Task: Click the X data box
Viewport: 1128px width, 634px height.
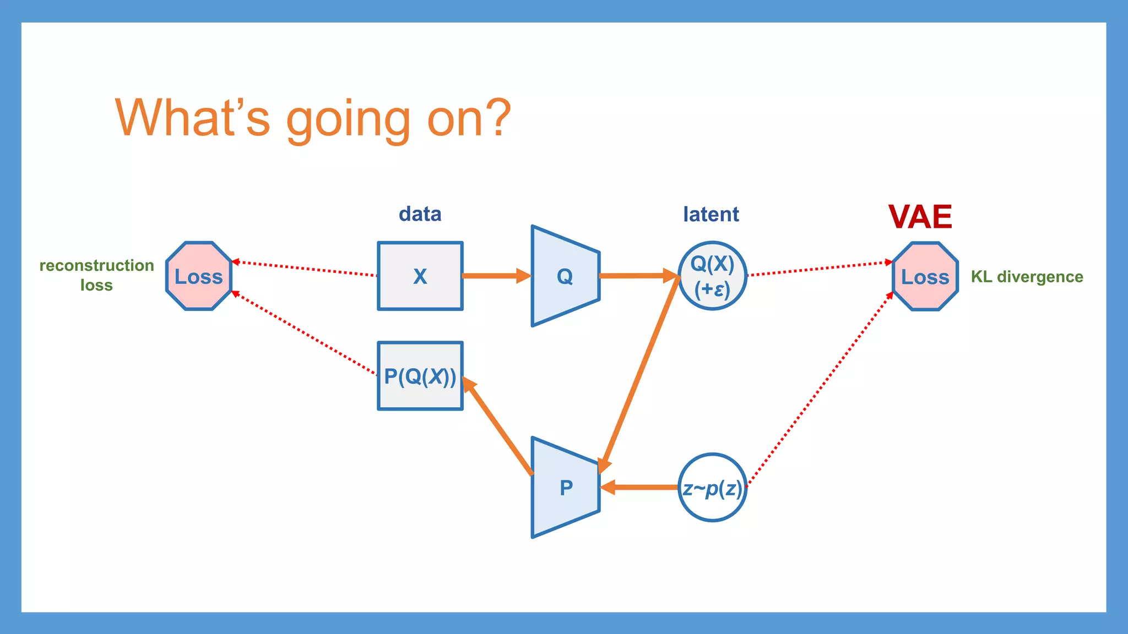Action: pyautogui.click(x=420, y=276)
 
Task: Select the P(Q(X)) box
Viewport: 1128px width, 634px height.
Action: pyautogui.click(x=420, y=376)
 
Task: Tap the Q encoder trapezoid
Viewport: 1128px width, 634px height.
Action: pyautogui.click(x=565, y=276)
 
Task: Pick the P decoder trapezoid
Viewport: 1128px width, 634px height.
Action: pyautogui.click(x=565, y=488)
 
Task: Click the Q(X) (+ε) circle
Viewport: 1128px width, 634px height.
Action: pyautogui.click(x=712, y=276)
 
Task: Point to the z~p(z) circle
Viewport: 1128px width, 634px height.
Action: pyautogui.click(x=712, y=488)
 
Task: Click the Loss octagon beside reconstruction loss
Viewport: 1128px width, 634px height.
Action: pyautogui.click(x=199, y=276)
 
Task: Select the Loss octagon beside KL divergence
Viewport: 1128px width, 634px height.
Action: pyautogui.click(x=925, y=276)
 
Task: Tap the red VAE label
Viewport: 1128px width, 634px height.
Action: pyautogui.click(x=920, y=217)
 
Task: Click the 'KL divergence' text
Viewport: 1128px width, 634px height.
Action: pyautogui.click(x=1027, y=276)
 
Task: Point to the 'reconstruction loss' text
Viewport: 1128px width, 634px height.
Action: pyautogui.click(x=96, y=275)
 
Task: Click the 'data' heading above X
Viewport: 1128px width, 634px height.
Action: pyautogui.click(x=420, y=214)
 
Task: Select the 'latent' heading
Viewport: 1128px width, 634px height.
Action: pyautogui.click(x=711, y=214)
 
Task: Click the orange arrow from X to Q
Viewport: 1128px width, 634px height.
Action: pyautogui.click(x=493, y=276)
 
